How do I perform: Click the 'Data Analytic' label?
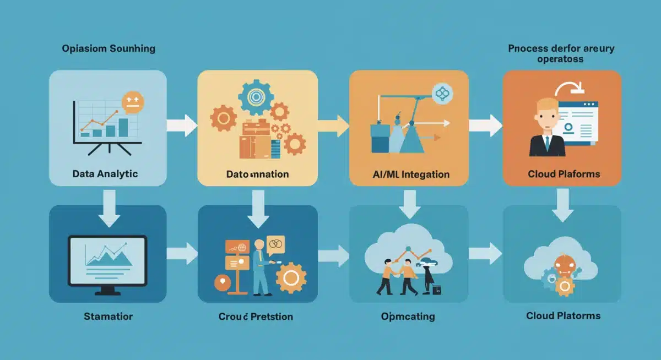pos(105,174)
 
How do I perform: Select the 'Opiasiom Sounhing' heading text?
pos(109,48)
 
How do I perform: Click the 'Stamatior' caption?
pos(108,317)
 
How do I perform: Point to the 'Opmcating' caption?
pos(408,317)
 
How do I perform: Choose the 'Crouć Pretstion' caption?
pos(256,317)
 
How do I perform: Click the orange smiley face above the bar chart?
pos(133,102)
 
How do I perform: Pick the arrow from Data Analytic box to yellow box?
pos(182,126)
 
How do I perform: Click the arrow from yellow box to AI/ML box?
pos(333,126)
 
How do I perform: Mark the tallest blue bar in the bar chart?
pos(124,127)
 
